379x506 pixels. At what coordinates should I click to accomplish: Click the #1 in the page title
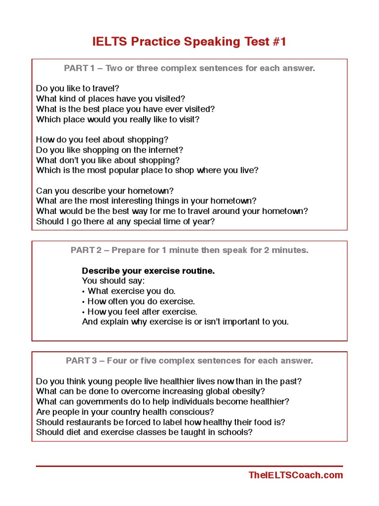coord(278,42)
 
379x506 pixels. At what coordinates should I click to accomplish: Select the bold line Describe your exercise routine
coord(148,271)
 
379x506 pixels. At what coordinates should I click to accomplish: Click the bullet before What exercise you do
coord(83,292)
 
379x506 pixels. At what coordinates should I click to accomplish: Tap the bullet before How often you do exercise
coord(83,301)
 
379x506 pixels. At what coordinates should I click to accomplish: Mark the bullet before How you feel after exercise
coord(83,312)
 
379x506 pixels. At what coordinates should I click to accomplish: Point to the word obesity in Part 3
coord(247,391)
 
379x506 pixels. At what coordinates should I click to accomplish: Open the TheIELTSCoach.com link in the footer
coord(296,475)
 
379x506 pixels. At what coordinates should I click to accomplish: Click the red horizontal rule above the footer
coord(189,466)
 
